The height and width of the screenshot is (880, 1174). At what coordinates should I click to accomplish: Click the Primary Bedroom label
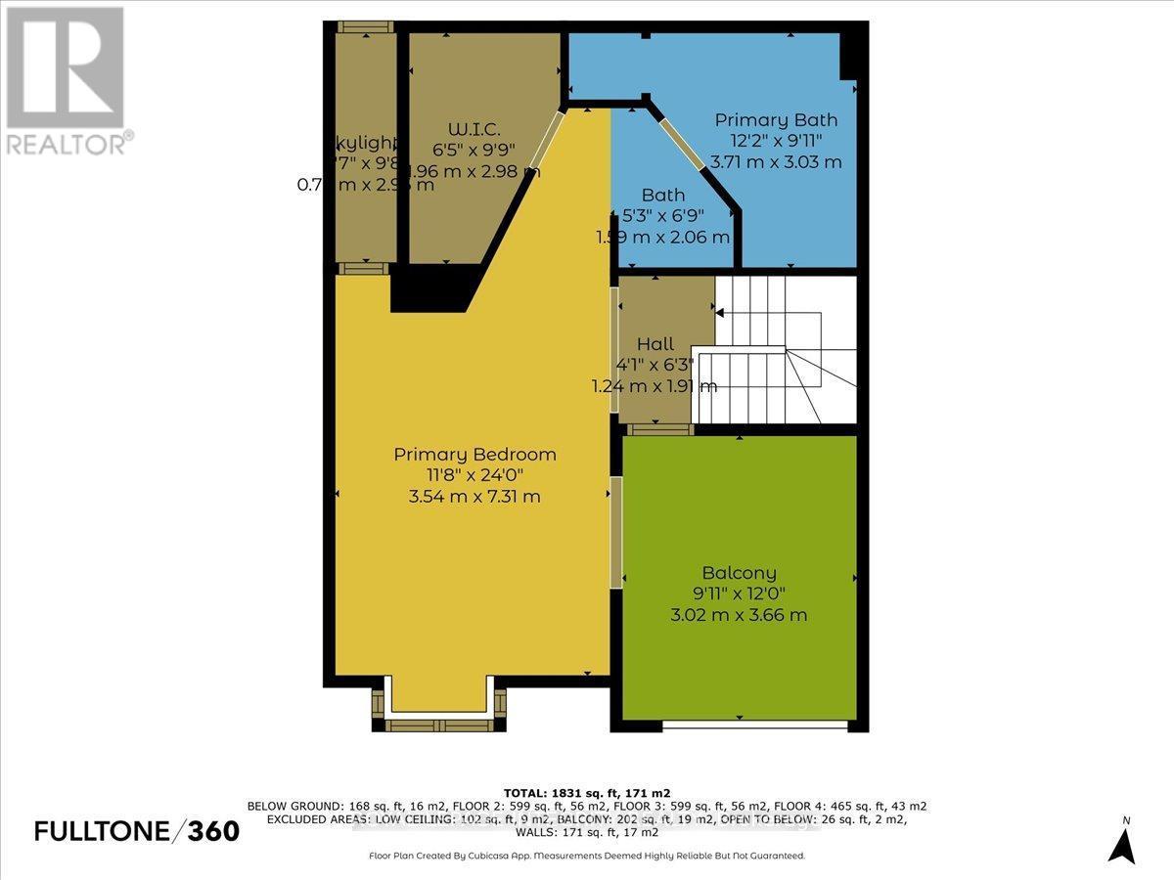click(474, 455)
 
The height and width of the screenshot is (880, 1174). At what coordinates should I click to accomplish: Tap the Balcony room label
click(739, 573)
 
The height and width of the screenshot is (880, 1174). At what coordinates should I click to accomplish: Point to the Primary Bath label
click(776, 120)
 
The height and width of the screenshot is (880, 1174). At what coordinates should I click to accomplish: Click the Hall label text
click(655, 344)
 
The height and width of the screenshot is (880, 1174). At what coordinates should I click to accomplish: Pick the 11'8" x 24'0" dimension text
click(474, 476)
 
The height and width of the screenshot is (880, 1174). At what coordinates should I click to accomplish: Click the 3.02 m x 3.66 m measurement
click(739, 615)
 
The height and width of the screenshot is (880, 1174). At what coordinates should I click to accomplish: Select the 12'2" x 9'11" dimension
click(776, 142)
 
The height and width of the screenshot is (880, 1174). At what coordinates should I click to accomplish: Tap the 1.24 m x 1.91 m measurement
click(655, 386)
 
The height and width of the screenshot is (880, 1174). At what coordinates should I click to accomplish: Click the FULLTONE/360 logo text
click(136, 831)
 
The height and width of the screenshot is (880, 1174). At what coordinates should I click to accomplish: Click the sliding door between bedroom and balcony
click(616, 532)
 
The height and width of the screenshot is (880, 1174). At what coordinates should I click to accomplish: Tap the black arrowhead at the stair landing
click(720, 313)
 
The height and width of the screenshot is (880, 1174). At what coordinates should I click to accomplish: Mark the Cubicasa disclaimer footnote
click(586, 856)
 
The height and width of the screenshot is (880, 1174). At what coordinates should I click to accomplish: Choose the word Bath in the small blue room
click(663, 196)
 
